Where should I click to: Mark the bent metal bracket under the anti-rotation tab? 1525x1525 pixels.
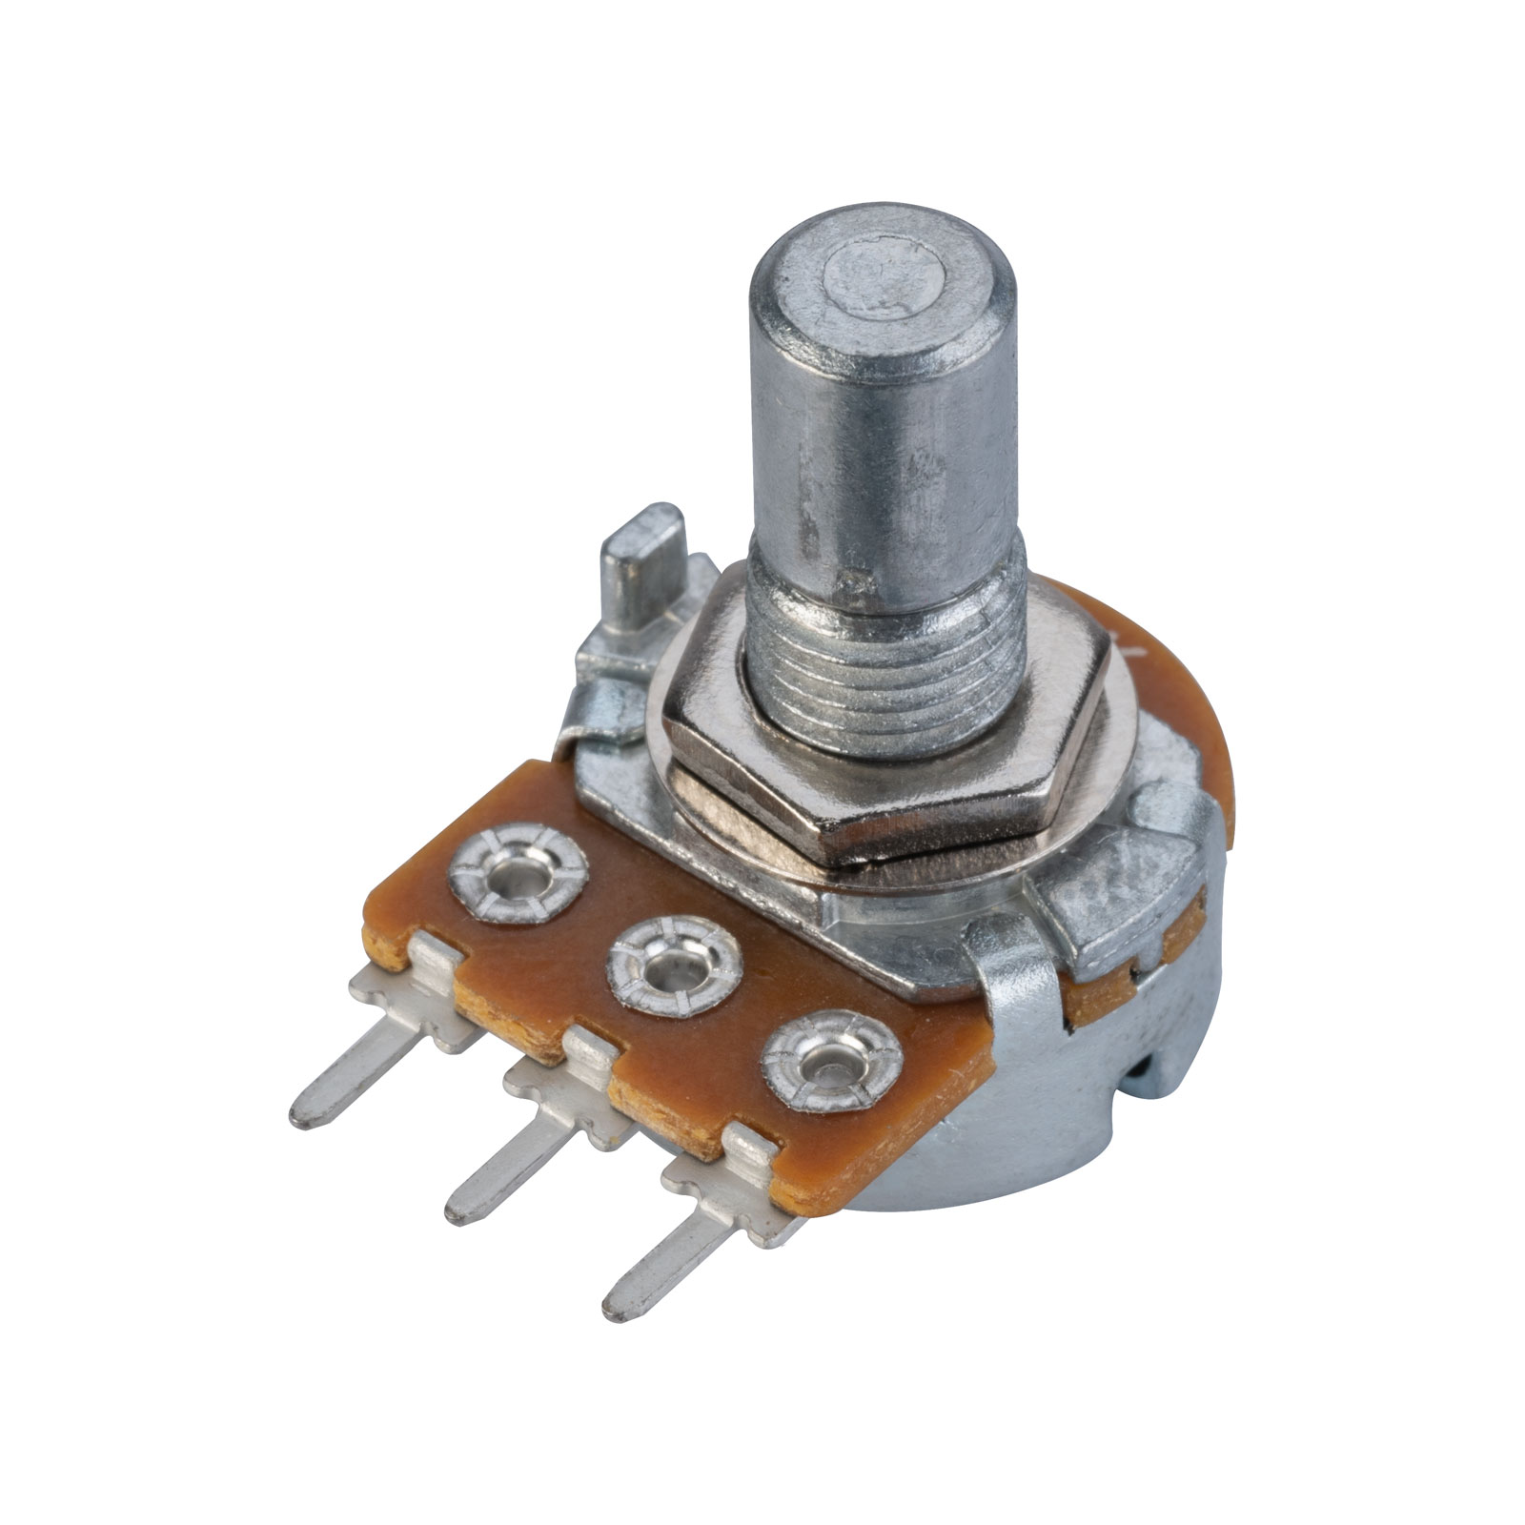click(x=600, y=696)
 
